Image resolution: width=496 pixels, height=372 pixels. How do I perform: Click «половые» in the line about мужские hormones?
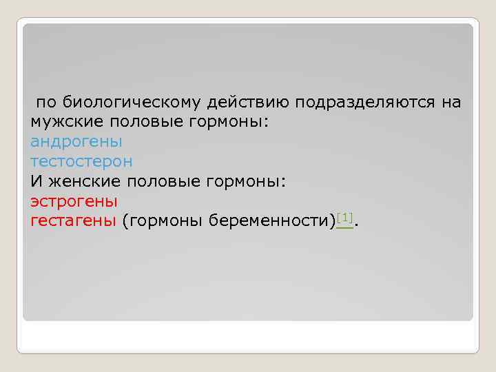click(x=136, y=123)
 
